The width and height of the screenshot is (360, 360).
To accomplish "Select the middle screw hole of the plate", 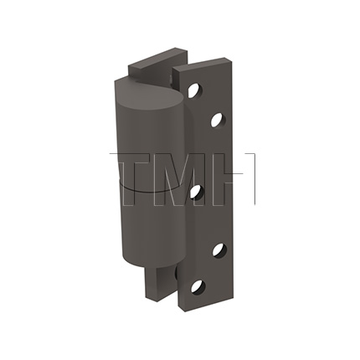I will (195, 191).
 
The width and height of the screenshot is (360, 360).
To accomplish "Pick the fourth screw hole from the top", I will (219, 249).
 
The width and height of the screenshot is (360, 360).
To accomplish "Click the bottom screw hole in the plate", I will (198, 287).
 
